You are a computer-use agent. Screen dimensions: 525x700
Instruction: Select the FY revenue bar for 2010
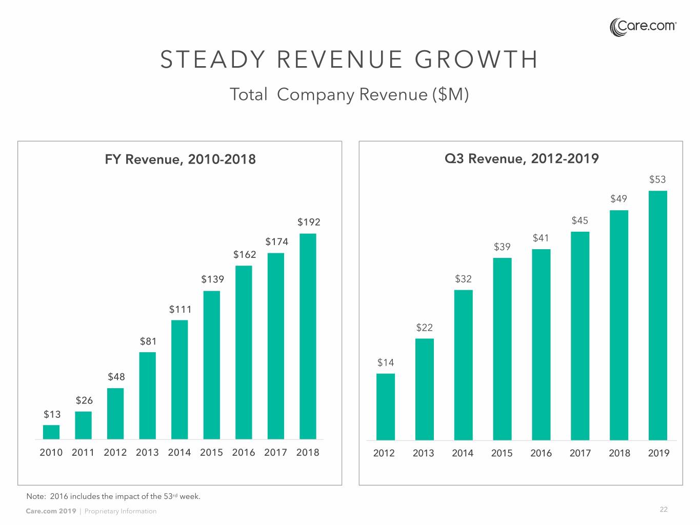[51, 432]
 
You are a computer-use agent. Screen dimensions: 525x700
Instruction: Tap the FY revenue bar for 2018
[308, 336]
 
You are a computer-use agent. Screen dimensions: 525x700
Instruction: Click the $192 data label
[309, 222]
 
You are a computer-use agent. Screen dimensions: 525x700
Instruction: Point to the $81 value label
[148, 341]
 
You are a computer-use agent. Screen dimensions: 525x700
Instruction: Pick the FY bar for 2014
[179, 379]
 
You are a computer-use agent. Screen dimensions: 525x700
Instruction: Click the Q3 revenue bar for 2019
[658, 315]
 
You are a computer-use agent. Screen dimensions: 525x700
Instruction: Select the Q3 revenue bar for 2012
[386, 407]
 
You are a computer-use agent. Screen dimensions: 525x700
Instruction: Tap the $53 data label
[657, 179]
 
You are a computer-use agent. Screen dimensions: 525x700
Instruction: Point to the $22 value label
[425, 328]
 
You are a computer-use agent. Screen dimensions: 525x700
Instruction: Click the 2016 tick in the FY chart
[244, 453]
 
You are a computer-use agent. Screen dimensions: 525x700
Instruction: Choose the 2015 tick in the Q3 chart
[502, 453]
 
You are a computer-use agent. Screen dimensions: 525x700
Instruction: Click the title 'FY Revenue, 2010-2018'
[180, 159]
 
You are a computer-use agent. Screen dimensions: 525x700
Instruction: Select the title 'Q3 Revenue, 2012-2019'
[522, 158]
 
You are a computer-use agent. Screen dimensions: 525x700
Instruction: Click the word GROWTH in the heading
[476, 59]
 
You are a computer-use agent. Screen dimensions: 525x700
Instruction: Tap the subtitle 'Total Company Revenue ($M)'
[349, 95]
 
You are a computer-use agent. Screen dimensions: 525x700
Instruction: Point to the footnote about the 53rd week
[113, 496]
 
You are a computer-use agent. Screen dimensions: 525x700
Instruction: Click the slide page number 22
[664, 510]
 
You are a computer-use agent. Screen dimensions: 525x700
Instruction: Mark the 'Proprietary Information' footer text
[121, 511]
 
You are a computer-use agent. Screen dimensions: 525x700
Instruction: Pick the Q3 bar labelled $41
[541, 345]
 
